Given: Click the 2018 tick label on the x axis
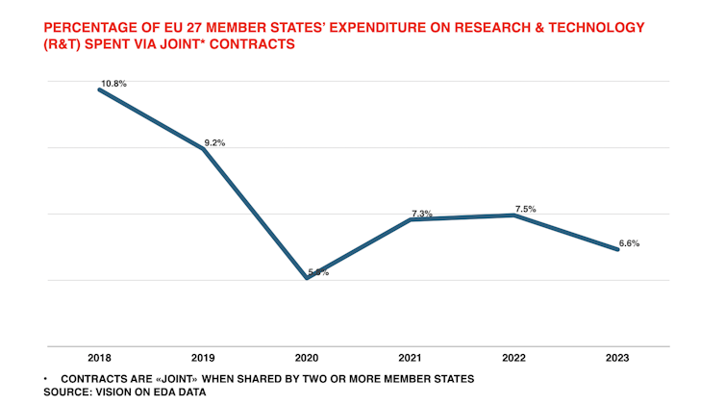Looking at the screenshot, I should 99,358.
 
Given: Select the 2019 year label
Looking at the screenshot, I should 203,358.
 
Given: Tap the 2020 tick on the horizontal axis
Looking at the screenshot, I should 306,358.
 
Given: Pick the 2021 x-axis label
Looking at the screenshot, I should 410,358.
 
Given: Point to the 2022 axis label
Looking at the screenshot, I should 513,358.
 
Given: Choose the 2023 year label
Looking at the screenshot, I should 617,358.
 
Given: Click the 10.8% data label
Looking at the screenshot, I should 113,84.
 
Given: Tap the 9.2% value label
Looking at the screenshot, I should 213,142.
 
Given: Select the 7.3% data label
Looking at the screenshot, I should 421,214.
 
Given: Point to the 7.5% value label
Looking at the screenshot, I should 525,209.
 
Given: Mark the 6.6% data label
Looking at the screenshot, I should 629,243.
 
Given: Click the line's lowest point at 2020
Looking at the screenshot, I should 307,278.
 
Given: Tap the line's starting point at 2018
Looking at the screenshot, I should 100,89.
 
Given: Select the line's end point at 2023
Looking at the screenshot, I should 617,249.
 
